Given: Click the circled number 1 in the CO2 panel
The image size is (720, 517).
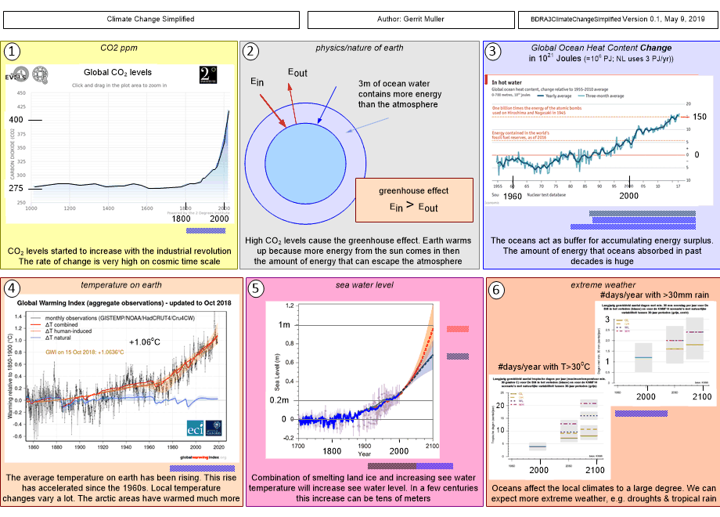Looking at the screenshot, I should pos(13,52).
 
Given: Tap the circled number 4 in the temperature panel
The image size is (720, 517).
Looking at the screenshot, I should pos(13,287).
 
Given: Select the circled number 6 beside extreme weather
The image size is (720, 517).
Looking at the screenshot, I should pos(495,287).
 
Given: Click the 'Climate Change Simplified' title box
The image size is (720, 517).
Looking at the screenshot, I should pos(150,18).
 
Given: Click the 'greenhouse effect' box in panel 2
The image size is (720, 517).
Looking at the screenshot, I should pos(413,199).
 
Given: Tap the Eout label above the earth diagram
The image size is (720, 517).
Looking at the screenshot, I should pos(297,73).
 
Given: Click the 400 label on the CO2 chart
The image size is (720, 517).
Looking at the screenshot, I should pos(16,119).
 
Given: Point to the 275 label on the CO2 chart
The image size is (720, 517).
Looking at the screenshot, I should pos(16,188).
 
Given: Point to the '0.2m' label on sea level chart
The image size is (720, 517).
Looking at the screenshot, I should pos(281,400).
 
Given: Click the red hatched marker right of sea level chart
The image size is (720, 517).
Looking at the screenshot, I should pos(457,330).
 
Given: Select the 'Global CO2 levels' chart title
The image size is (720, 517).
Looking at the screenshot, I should pos(117,72).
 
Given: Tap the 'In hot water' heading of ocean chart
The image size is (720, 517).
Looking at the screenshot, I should pos(507,81).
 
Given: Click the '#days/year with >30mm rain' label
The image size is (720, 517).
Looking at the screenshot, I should pos(656,293).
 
